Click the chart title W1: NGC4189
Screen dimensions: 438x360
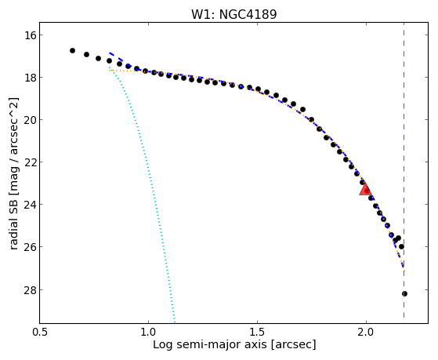click(233, 14)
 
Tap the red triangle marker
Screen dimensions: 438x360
click(365, 190)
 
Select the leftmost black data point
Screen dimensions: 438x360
click(72, 51)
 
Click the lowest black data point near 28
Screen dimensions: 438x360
click(404, 293)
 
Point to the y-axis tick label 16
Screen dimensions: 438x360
click(30, 35)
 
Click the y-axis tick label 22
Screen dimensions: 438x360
click(30, 162)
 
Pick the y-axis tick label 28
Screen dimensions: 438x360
click(30, 289)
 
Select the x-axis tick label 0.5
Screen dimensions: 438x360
click(41, 332)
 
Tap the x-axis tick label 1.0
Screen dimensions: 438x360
click(148, 332)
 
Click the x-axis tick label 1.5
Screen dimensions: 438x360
click(257, 332)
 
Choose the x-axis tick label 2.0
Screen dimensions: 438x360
click(366, 332)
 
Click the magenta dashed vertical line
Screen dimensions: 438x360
click(404, 170)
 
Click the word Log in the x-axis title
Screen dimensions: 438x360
click(163, 345)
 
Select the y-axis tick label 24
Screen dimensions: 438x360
click(30, 205)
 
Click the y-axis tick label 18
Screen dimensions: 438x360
click(30, 78)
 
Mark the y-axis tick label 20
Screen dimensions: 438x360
click(30, 120)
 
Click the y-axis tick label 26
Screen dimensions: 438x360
click(30, 247)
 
